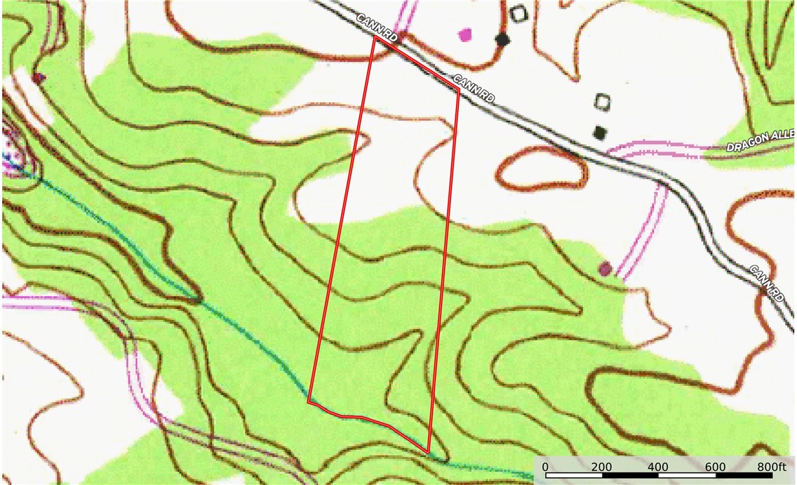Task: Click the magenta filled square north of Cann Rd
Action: coord(464,33)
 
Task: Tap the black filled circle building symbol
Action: coord(502,39)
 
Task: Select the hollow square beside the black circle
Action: coord(518,13)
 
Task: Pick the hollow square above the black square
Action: coord(601,102)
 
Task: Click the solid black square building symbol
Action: coord(599,132)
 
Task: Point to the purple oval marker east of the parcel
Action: coord(604,267)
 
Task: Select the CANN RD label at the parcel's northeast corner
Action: coord(474,88)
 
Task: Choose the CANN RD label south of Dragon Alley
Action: coord(767,284)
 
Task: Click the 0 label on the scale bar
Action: coord(546,467)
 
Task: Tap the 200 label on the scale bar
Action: coord(601,467)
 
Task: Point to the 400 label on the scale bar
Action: coord(658,467)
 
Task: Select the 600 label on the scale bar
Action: coord(715,467)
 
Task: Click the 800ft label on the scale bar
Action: coord(772,467)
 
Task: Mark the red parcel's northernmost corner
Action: coord(375,38)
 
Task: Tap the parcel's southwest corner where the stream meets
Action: coord(309,402)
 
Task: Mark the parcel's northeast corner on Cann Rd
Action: coord(459,91)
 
